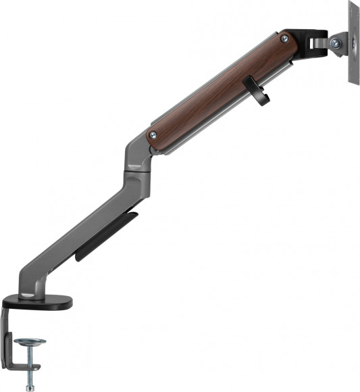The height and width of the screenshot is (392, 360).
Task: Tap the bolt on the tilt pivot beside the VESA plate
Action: tap(336, 43)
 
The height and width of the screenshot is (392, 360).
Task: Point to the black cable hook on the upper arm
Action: tap(259, 93)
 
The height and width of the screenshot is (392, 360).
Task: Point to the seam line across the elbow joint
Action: tap(136, 169)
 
